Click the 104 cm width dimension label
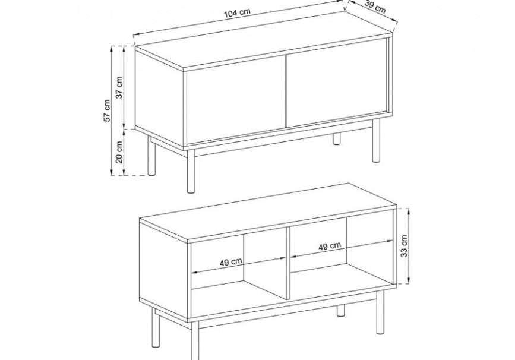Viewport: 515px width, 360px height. (x=237, y=13)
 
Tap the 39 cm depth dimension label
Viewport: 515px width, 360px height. (x=375, y=7)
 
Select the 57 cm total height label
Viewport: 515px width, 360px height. (x=107, y=110)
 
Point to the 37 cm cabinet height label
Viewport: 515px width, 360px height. (x=119, y=87)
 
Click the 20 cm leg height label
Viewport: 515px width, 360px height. (x=119, y=152)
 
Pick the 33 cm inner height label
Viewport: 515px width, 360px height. (x=404, y=246)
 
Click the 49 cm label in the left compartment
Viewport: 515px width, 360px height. (x=231, y=262)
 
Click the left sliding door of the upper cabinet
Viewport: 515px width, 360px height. (x=236, y=100)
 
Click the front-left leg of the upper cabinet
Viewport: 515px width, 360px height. (x=191, y=171)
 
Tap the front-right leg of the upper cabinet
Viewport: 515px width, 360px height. (x=376, y=140)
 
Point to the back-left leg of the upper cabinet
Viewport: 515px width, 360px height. (x=151, y=154)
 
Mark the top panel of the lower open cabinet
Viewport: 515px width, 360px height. (x=267, y=213)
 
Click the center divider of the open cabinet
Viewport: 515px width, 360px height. (x=287, y=263)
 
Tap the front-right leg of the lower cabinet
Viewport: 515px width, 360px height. (x=380, y=312)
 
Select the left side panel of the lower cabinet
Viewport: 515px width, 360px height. (x=164, y=269)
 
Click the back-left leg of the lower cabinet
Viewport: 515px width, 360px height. (x=156, y=328)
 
